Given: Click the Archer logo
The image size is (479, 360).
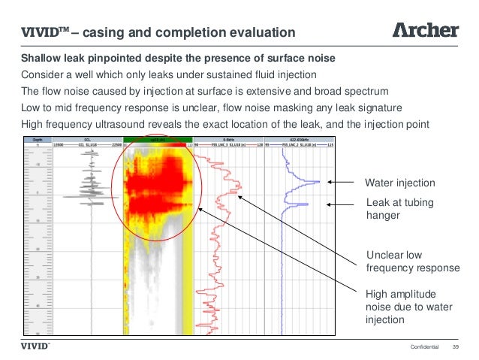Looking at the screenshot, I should click(426, 30).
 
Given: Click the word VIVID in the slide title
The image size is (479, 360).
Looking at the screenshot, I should click(37, 32).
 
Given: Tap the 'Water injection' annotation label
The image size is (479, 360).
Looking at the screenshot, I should click(399, 183).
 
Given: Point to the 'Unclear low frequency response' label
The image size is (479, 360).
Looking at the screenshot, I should click(412, 261).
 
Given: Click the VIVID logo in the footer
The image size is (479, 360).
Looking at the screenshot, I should click(34, 346).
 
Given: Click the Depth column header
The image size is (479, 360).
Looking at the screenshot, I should click(36, 140).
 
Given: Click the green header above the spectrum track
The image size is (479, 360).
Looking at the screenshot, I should click(157, 140).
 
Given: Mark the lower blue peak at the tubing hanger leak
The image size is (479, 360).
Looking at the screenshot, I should click(304, 204).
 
